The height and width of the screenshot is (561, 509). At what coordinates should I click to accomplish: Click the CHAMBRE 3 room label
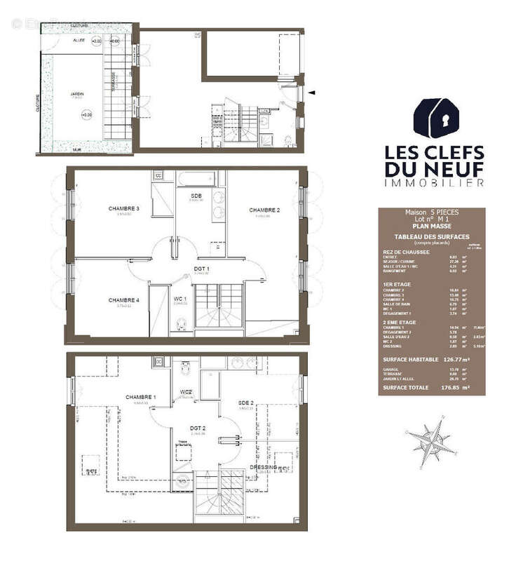124,208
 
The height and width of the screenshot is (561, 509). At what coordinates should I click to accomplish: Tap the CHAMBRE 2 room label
264,210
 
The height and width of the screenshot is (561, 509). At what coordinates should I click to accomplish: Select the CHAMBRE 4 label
124,300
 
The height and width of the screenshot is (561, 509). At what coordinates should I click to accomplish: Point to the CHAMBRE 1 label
141,398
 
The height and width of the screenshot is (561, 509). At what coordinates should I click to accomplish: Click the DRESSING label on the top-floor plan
264,467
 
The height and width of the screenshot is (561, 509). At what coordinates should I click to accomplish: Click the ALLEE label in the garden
79,41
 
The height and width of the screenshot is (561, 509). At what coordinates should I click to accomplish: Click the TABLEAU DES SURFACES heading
431,237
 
